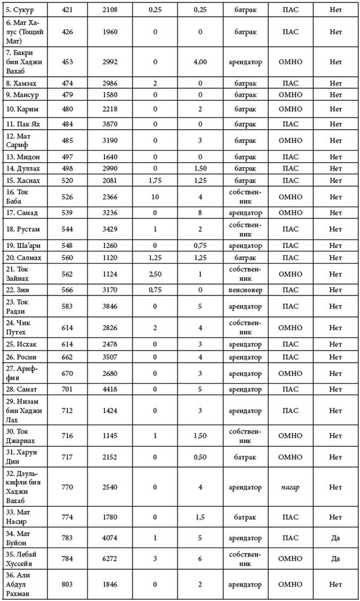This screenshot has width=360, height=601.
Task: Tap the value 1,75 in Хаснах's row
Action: (x=155, y=180)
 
